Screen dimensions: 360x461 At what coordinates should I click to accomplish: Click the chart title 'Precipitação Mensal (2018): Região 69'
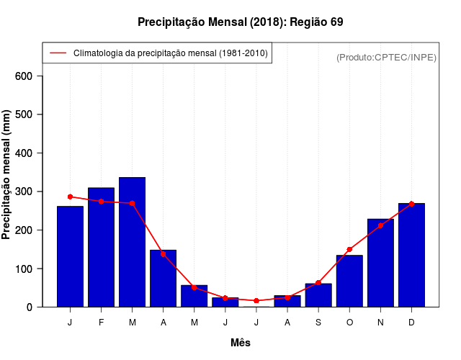pyautogui.click(x=240, y=22)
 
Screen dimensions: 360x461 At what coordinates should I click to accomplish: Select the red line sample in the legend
pyautogui.click(x=58, y=53)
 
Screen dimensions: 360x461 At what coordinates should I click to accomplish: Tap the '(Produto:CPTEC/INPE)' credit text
pyautogui.click(x=386, y=57)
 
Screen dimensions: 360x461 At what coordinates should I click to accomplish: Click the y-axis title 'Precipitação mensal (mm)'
pyautogui.click(x=7, y=174)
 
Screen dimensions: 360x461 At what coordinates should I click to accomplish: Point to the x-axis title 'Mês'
pyautogui.click(x=241, y=343)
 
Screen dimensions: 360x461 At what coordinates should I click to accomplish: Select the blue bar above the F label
pyautogui.click(x=101, y=247)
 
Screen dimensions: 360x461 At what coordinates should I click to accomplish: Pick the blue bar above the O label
pyautogui.click(x=349, y=281)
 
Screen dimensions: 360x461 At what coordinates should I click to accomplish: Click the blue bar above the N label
pyautogui.click(x=380, y=263)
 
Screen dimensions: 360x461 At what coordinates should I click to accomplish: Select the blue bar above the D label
pyautogui.click(x=411, y=255)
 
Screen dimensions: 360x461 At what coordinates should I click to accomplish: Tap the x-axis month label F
pyautogui.click(x=101, y=323)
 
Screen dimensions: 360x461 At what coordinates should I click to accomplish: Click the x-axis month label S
pyautogui.click(x=318, y=323)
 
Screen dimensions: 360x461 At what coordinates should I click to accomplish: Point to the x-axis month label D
pyautogui.click(x=411, y=323)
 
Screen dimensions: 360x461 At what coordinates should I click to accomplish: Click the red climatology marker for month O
pyautogui.click(x=349, y=249)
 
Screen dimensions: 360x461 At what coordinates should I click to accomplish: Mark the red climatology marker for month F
pyautogui.click(x=101, y=202)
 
